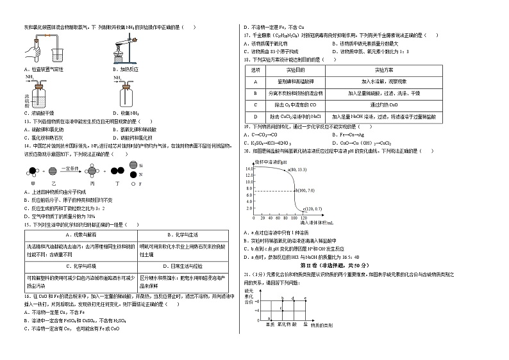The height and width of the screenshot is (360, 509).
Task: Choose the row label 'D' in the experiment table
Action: click(x=255, y=116)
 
